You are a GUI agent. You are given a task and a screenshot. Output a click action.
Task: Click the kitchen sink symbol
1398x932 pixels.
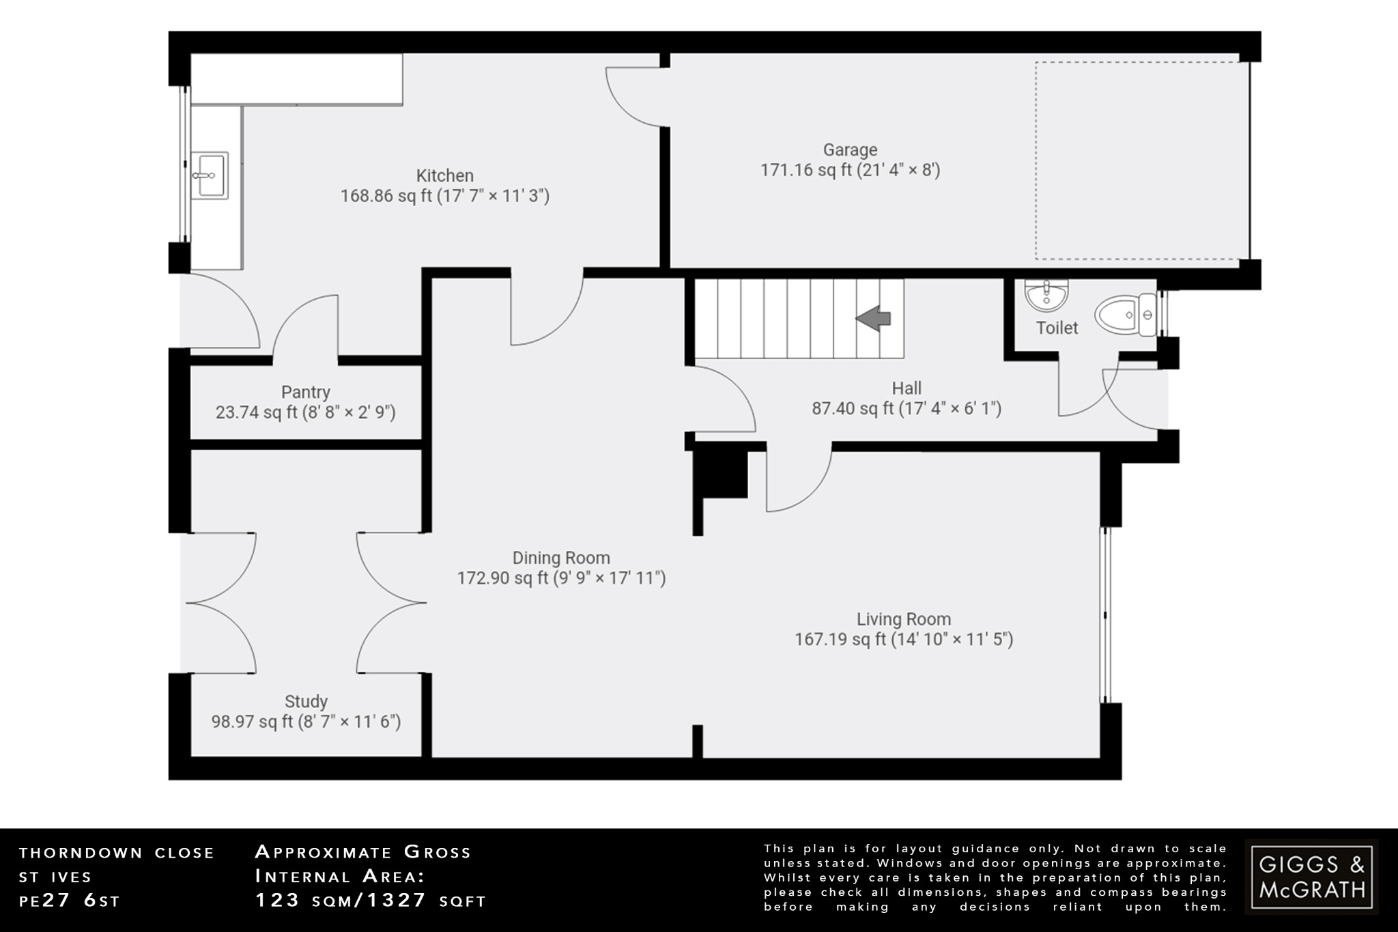(209, 175)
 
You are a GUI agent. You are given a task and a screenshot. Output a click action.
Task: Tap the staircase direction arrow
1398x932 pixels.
(874, 318)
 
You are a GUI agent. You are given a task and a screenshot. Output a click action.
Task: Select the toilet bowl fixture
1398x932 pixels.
(1124, 315)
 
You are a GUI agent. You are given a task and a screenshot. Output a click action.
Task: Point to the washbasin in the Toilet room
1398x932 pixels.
(1046, 294)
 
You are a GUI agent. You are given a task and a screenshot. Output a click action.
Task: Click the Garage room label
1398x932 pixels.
(850, 150)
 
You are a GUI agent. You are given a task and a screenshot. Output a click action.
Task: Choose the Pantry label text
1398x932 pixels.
(305, 392)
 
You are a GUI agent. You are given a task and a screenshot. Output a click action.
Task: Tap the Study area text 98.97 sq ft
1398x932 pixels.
(252, 722)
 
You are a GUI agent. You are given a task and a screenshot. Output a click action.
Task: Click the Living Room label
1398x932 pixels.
(903, 619)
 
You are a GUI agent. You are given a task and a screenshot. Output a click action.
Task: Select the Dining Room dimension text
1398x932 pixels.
(561, 578)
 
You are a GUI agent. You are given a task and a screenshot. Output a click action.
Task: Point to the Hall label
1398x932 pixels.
(906, 388)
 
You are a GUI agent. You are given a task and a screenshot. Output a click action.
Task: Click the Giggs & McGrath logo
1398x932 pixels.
(1311, 877)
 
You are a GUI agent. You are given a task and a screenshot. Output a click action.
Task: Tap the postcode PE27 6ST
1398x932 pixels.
(70, 901)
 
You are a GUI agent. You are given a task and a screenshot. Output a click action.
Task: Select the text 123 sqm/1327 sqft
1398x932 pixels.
(371, 901)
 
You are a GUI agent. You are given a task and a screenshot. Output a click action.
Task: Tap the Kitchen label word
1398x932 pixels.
(444, 175)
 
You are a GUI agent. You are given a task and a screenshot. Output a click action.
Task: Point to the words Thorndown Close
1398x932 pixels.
(117, 853)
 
